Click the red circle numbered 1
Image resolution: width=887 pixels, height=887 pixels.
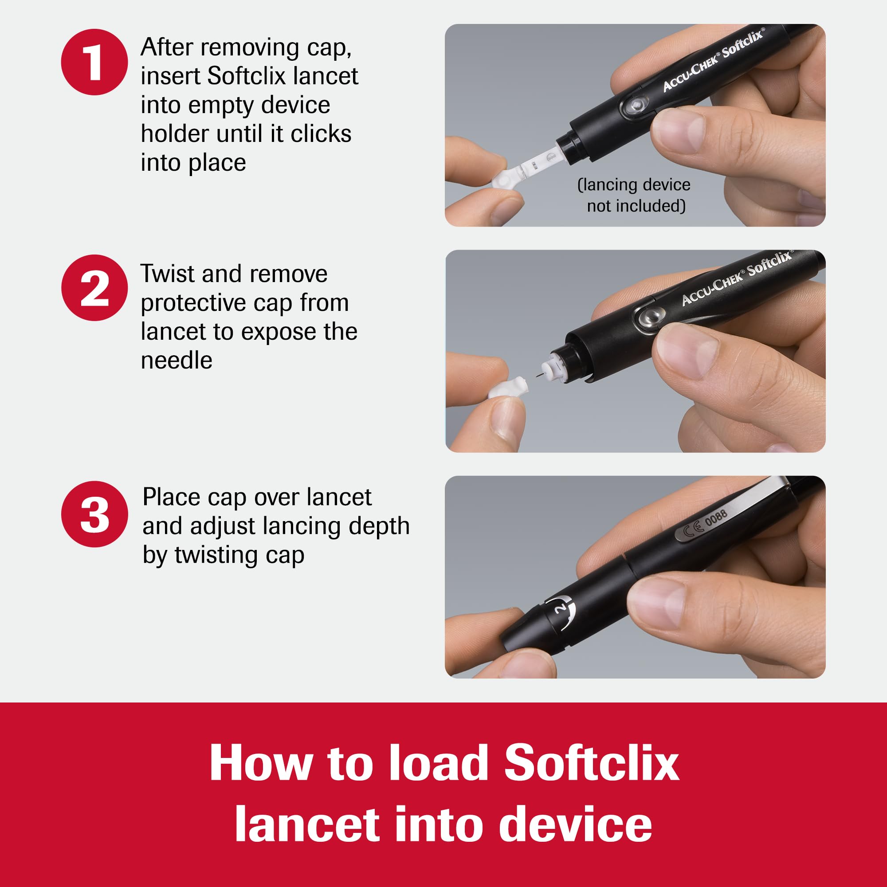click(94, 62)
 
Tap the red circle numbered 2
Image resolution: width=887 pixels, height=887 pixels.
click(94, 288)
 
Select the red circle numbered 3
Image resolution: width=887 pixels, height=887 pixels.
click(94, 514)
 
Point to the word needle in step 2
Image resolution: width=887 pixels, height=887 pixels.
click(177, 361)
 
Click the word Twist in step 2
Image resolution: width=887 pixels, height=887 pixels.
click(168, 274)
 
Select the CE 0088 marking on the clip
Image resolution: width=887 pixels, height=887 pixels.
click(705, 523)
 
